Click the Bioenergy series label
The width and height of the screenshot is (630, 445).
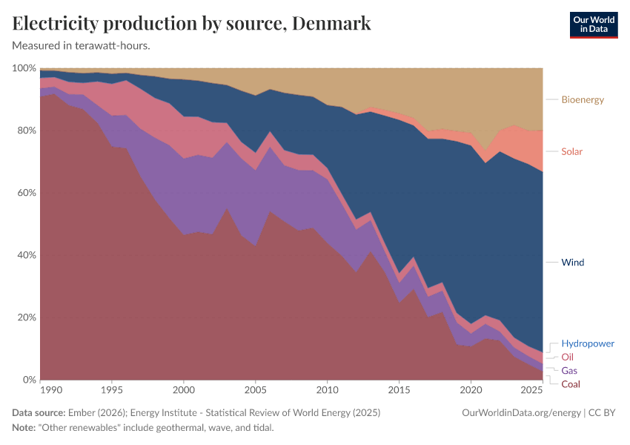click(583, 99)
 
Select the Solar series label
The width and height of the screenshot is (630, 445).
click(571, 151)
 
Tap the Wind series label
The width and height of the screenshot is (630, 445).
click(573, 263)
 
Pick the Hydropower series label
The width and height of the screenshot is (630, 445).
click(588, 344)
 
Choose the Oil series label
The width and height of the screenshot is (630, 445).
click(567, 357)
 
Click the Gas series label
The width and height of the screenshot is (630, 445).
click(569, 370)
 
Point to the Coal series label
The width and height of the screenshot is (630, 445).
click(571, 384)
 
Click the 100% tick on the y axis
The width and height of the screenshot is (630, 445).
click(24, 68)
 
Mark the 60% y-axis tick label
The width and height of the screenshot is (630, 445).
click(27, 193)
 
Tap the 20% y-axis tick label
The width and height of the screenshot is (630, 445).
click(27, 317)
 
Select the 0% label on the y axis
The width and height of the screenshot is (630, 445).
click(30, 380)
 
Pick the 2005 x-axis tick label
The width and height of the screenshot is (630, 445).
click(255, 390)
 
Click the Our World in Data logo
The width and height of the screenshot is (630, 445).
click(593, 24)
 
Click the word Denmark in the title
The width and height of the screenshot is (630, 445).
click(331, 24)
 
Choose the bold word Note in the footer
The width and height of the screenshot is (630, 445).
click(24, 428)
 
